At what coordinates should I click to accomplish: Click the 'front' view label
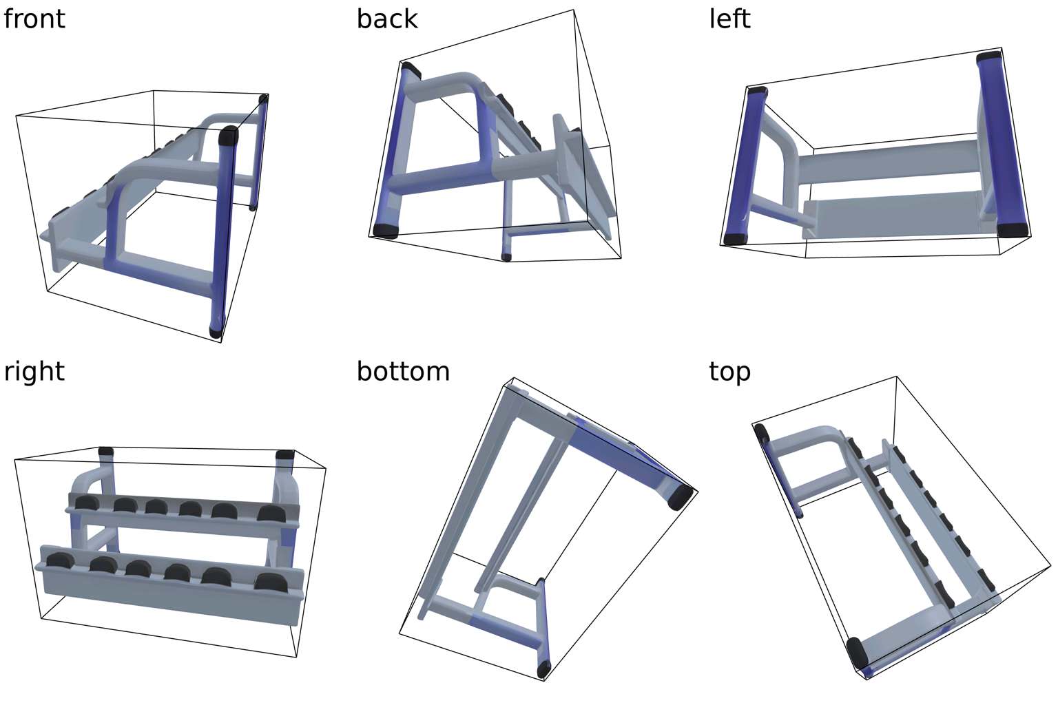point(34,19)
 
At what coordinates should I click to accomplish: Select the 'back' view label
point(387,19)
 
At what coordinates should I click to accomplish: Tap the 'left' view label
point(729,19)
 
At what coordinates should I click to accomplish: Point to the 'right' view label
point(34,372)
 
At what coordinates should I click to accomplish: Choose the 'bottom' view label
point(403,372)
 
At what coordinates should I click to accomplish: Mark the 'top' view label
point(729,372)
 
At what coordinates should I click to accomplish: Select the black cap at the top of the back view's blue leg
point(411,70)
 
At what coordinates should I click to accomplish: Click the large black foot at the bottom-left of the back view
point(386,231)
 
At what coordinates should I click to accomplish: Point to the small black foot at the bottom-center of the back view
point(506,257)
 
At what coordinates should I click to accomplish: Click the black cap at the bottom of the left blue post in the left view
point(736,238)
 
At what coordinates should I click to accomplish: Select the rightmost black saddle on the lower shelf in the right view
point(271,582)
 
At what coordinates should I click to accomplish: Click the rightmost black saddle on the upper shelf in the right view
point(271,514)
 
